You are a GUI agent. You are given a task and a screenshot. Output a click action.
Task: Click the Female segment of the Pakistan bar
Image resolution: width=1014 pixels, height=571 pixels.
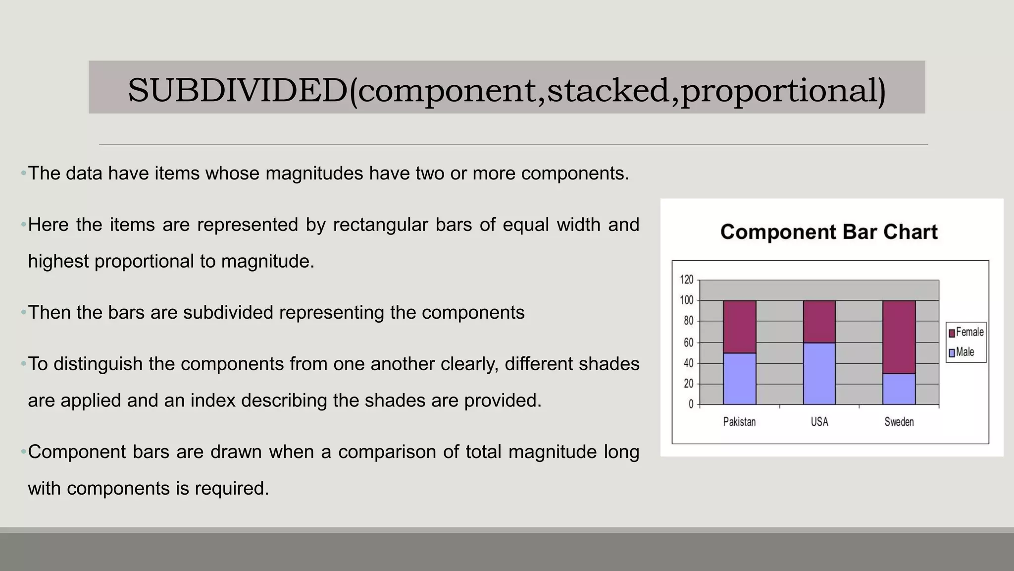[739, 327]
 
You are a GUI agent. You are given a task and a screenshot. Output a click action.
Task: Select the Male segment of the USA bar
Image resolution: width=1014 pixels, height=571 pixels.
[819, 373]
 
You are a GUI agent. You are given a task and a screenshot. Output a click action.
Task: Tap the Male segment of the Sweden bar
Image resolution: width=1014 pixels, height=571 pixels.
[899, 389]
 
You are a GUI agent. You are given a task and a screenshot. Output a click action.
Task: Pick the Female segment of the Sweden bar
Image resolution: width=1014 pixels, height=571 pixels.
[899, 337]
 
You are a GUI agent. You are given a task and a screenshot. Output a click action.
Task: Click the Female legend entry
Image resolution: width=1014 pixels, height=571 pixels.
[966, 332]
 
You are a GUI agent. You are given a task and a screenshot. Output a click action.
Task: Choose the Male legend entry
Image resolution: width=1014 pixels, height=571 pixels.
[962, 352]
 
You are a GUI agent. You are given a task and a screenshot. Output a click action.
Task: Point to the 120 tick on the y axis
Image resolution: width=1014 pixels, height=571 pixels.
[686, 280]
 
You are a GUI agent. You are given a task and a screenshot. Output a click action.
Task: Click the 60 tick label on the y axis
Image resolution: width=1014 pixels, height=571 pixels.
[688, 343]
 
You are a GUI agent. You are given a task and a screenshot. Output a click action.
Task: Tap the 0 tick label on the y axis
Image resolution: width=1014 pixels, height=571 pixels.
[691, 404]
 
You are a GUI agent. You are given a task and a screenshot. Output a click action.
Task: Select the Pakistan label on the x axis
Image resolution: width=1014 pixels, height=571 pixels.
[739, 422]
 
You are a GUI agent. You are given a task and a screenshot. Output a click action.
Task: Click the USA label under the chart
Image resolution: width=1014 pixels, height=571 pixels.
[819, 422]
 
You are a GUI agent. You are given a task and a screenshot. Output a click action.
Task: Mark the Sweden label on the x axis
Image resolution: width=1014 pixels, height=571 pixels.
[899, 422]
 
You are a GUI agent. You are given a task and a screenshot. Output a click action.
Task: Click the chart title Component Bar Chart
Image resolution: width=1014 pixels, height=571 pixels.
[829, 232]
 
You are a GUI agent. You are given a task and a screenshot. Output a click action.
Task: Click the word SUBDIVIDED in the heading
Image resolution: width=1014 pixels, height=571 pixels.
[238, 90]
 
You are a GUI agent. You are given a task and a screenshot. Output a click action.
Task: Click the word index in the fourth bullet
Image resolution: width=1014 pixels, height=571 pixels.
[213, 400]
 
